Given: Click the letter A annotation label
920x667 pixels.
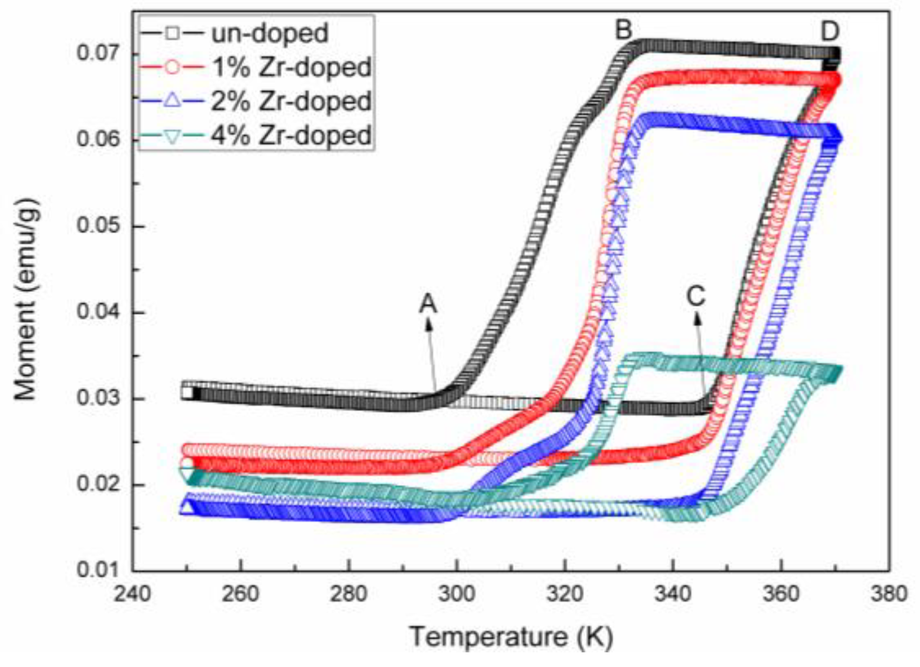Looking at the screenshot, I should pyautogui.click(x=428, y=303).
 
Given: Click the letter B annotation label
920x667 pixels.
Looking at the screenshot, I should pyautogui.click(x=623, y=30).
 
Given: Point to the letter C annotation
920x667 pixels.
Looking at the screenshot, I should pyautogui.click(x=695, y=296).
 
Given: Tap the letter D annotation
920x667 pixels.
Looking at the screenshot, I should pyautogui.click(x=830, y=32).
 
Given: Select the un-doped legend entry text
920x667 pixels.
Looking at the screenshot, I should pyautogui.click(x=270, y=34).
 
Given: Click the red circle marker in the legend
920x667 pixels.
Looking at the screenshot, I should pyautogui.click(x=172, y=67).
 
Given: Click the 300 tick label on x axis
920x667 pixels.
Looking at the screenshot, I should pyautogui.click(x=457, y=593).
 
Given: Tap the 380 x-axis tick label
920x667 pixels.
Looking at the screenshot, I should pyautogui.click(x=888, y=593).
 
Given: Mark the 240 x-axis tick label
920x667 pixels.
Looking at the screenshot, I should pyautogui.click(x=133, y=593).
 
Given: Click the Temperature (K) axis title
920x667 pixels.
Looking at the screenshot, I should pyautogui.click(x=511, y=636).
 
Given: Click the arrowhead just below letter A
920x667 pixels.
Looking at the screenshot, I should pyautogui.click(x=429, y=324).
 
